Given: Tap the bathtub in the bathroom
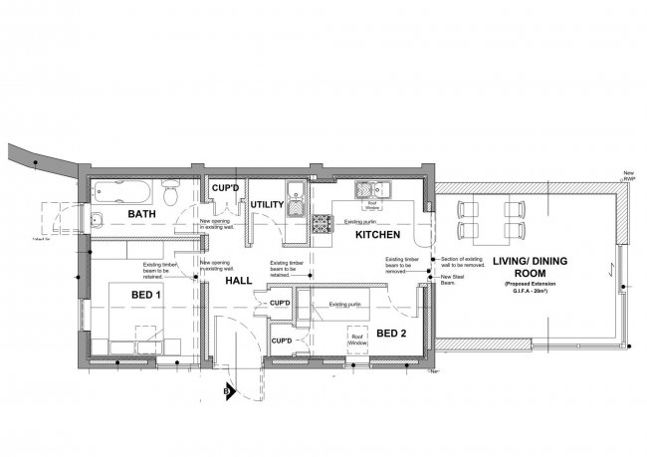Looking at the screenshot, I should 124,188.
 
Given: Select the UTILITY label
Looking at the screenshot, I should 267,205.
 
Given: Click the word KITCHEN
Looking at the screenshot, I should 378,235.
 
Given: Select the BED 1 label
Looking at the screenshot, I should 145,296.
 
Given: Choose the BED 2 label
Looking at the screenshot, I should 392,333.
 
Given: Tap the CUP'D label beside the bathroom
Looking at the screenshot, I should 222,187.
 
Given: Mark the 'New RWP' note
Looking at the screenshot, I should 629,176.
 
